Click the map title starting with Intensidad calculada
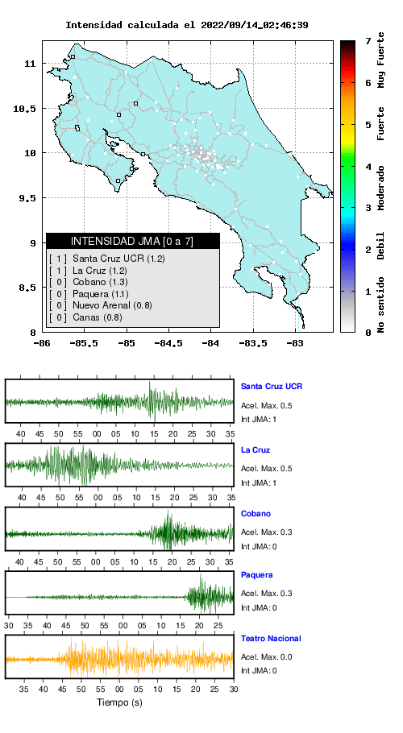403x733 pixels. (186, 25)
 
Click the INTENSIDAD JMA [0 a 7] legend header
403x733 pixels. (132, 241)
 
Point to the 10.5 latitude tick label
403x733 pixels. (25, 109)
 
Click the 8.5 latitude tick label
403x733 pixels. (27, 288)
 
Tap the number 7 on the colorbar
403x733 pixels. (368, 42)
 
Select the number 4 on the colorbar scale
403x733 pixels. (368, 167)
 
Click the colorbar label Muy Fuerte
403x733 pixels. (381, 60)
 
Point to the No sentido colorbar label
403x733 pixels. (381, 304)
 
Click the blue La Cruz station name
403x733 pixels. (256, 450)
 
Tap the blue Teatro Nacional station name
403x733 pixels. (271, 638)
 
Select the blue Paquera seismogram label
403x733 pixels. (256, 575)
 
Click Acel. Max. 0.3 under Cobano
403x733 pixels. (267, 532)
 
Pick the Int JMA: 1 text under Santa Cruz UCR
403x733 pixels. (259, 420)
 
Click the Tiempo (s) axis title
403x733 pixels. (119, 702)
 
